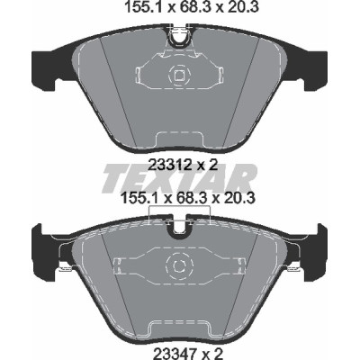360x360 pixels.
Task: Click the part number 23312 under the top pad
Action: click(169, 165)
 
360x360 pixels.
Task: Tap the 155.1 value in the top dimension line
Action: click(144, 8)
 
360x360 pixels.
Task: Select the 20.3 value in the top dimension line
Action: click(242, 8)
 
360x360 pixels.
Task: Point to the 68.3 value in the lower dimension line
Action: click(192, 198)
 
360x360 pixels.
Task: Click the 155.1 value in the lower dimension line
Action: click(139, 198)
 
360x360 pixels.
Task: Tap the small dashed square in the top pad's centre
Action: click(179, 75)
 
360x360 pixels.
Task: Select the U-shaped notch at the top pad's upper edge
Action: click(179, 37)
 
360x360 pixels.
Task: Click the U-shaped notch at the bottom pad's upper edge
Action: click(179, 225)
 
